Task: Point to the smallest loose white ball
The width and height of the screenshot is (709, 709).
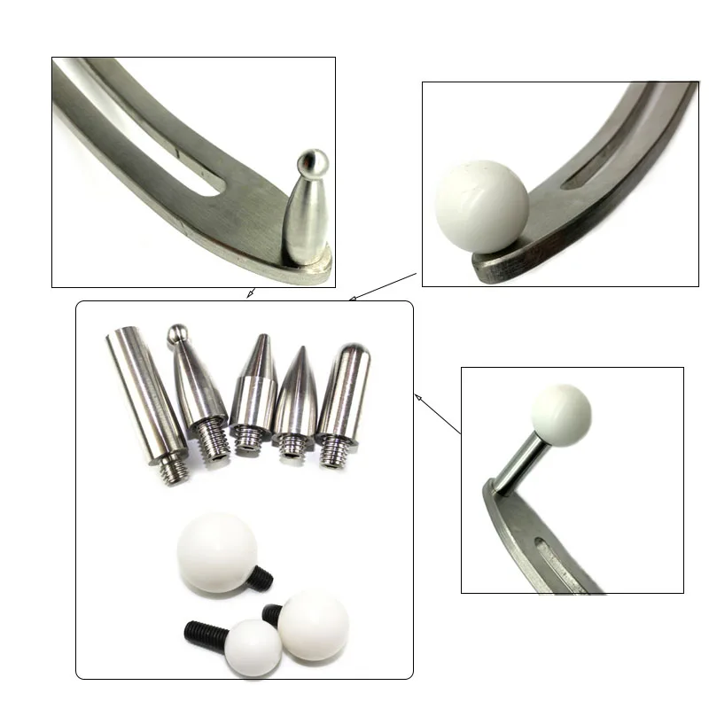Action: pos(253,650)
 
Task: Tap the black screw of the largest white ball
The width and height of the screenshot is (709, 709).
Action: pos(261,578)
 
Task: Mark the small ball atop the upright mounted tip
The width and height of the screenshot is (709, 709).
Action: pos(312,162)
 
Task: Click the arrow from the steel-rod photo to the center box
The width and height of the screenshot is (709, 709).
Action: pos(438,416)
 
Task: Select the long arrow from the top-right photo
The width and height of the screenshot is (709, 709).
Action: pos(384,286)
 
